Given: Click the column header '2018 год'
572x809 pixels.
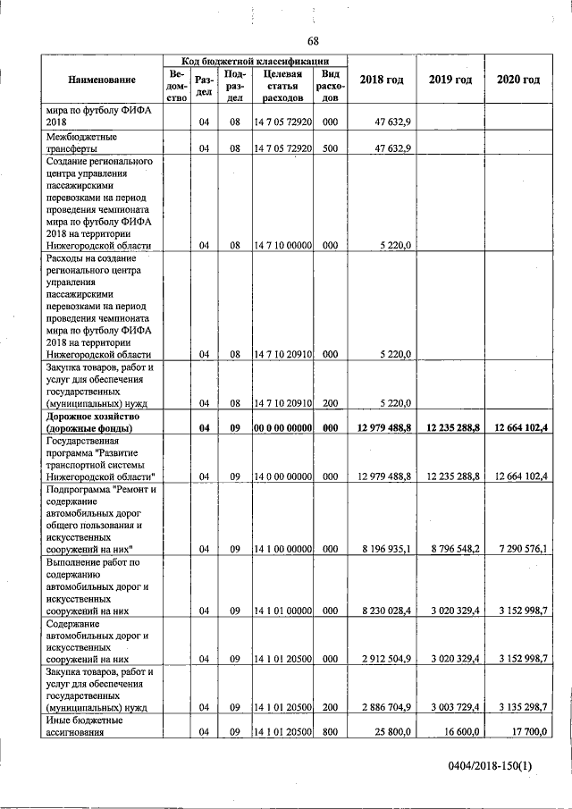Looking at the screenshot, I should point(382,80).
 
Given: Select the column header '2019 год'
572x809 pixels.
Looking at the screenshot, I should point(450,80).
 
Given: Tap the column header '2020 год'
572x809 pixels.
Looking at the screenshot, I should point(518,80).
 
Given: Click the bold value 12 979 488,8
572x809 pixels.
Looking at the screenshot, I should point(383,428).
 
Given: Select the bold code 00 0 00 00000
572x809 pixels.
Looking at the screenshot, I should point(282,428).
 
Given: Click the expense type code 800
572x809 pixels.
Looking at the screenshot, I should point(330,730).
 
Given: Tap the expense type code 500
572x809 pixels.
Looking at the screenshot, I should point(330,148).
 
